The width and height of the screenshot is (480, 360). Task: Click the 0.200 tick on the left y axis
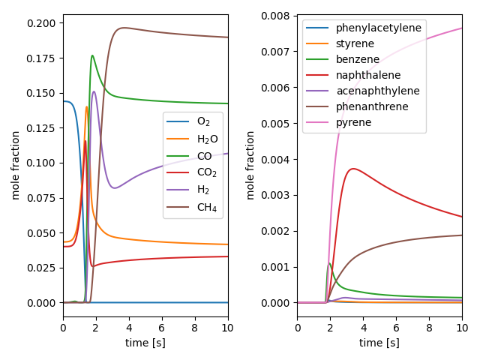pyautogui.click(x=44, y=23)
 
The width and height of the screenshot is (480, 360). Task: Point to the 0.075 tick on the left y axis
pyautogui.click(x=44, y=198)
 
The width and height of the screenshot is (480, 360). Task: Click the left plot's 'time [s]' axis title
pyautogui.click(x=145, y=343)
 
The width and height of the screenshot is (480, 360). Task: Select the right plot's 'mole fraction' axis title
pyautogui.click(x=250, y=165)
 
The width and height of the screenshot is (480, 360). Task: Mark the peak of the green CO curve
pyautogui.click(x=92, y=55)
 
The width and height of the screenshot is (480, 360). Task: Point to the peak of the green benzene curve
pyautogui.click(x=329, y=263)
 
